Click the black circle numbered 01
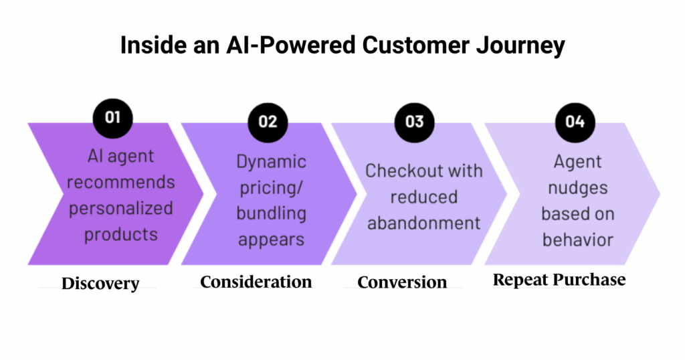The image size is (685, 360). point(113,117)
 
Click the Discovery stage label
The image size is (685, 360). point(100,284)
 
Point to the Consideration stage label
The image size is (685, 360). point(256,282)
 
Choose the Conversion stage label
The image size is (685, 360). point(402,282)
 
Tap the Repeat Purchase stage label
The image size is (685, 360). point(559,280)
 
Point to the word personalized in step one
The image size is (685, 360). point(120,208)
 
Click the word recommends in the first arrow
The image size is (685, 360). point(121,182)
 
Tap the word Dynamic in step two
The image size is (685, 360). point(272,162)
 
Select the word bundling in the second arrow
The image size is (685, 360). point(272,214)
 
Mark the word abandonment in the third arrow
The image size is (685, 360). point(423,223)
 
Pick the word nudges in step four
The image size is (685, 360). point(577,188)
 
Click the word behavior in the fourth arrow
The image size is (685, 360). point(577,240)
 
